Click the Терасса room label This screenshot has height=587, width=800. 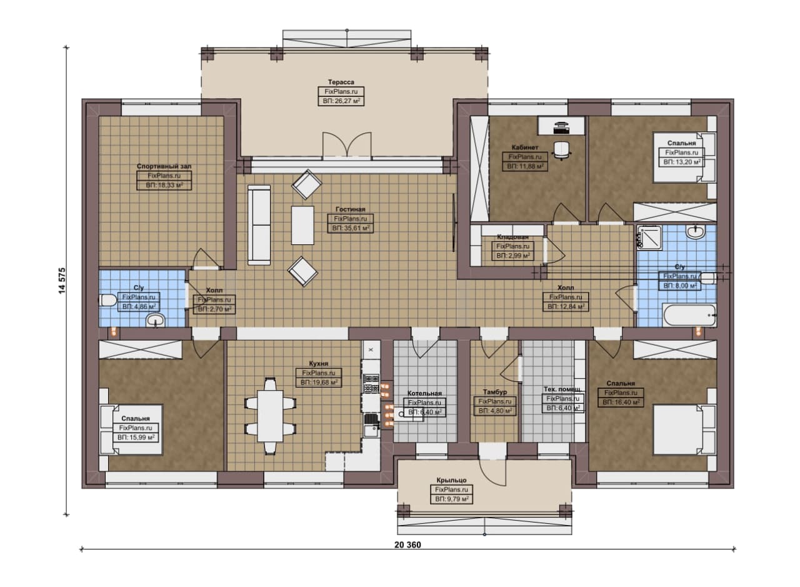pos(341,82)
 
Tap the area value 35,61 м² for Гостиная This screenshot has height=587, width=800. pos(351,228)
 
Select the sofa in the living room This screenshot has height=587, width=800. pos(259,225)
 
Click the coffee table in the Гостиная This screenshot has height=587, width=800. pos(302,226)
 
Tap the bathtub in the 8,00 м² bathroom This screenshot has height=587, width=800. pos(689,315)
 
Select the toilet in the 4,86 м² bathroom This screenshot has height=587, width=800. pos(107,300)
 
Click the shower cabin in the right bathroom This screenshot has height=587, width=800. pos(649,237)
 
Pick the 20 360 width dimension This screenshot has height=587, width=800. pos(408,545)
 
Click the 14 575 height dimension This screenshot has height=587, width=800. pos(62,281)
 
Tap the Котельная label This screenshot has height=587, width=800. pos(424,393)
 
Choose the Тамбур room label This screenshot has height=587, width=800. pos(494,392)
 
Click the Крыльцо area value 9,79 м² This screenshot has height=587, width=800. pos(451,499)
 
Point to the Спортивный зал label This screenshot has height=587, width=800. pos(164,166)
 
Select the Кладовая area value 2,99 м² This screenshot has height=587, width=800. pos(513,256)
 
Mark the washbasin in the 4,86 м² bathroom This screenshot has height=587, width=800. pos(156,320)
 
